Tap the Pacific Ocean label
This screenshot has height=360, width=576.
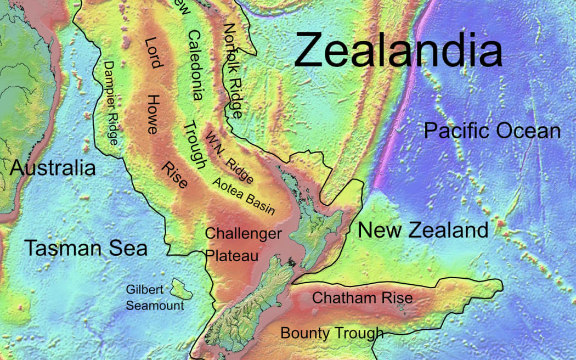(x=492, y=131)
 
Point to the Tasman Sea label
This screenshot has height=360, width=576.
(x=86, y=249)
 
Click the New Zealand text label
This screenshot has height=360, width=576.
(x=422, y=230)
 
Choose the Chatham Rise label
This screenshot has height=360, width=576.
(x=362, y=298)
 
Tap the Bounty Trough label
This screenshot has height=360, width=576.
(x=332, y=333)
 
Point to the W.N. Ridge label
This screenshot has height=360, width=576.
(x=229, y=157)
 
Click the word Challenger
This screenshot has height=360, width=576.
(x=243, y=234)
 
